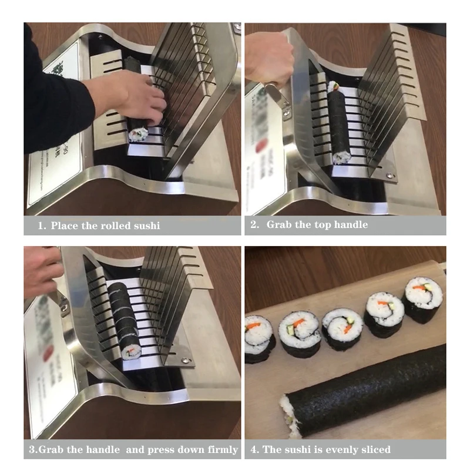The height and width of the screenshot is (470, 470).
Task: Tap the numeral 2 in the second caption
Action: point(254,224)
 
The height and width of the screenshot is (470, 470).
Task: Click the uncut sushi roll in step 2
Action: point(339,123)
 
